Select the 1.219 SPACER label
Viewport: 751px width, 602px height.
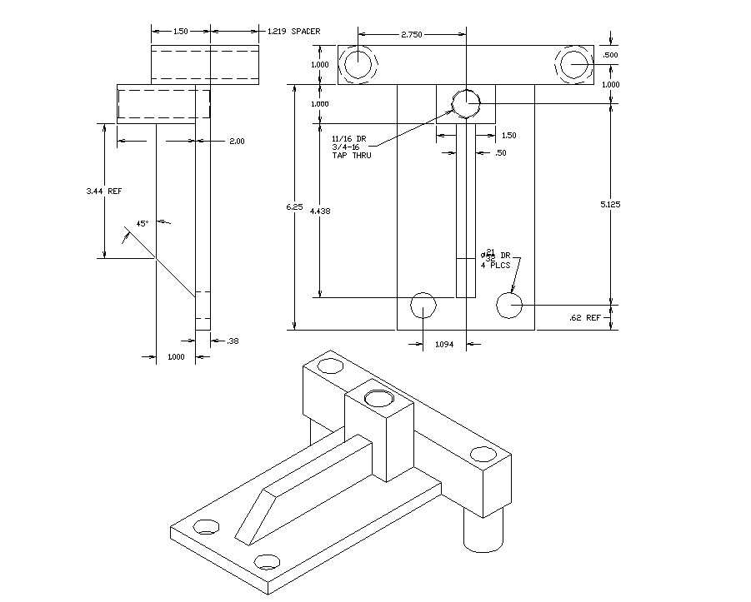[293, 32]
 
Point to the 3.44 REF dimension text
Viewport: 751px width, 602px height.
[104, 192]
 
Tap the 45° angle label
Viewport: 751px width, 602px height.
[143, 223]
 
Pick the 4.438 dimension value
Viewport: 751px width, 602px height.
[319, 211]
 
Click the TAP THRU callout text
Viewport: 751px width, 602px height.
[351, 155]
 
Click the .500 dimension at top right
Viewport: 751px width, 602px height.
[612, 55]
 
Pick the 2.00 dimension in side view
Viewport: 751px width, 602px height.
[237, 142]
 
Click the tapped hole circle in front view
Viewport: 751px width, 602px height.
[466, 103]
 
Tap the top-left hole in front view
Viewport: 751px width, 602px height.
[358, 64]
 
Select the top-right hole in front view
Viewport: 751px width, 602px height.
[574, 64]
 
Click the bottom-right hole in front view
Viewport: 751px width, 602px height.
[508, 306]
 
